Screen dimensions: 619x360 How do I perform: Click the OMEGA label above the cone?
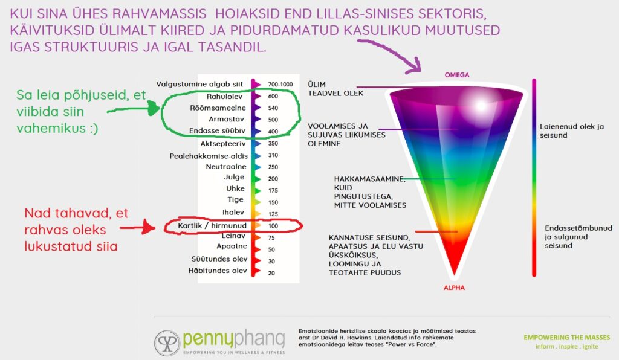pos(457,75)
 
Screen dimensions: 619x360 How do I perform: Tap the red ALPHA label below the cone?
pos(454,288)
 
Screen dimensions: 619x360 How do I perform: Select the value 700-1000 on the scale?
pos(280,85)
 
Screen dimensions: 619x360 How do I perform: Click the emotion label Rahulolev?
pos(224,97)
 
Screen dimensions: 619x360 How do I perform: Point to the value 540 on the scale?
pos(273,108)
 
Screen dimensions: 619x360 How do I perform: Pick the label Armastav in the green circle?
pos(226,119)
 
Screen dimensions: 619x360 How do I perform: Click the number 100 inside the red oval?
pos(273,226)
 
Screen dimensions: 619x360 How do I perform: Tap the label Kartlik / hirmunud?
pos(212,225)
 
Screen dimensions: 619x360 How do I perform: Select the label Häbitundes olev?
pos(218,271)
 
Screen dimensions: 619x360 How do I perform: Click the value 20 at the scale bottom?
pos(271,273)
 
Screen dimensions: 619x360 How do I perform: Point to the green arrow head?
pos(153,108)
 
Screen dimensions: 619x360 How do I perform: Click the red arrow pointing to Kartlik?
pos(137,227)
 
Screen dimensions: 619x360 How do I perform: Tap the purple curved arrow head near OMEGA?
pos(415,66)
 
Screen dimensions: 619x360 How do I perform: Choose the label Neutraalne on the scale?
pos(226,166)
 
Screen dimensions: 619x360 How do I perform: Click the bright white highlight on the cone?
pos(481,106)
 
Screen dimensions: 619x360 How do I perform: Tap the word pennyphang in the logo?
pos(234,338)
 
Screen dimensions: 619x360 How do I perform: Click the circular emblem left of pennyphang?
pos(167,343)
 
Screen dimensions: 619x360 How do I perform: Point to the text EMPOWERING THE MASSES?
pos(567,338)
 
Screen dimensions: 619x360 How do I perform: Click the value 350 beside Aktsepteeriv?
pos(273,144)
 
